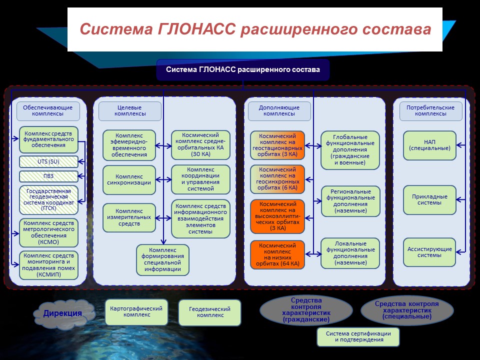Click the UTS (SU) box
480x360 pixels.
(48, 161)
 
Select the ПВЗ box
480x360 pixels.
(48, 176)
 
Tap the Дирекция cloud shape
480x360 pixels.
(63, 313)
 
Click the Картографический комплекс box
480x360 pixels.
(136, 312)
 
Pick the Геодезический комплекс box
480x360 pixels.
(209, 312)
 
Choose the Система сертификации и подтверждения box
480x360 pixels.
(358, 336)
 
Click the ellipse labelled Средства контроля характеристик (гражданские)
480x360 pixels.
(306, 310)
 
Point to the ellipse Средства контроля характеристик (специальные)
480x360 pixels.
(407, 310)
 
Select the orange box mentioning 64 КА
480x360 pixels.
(277, 254)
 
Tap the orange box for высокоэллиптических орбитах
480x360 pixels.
(277, 216)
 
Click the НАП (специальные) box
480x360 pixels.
(429, 145)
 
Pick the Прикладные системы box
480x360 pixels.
(429, 200)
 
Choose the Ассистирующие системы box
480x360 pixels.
(429, 252)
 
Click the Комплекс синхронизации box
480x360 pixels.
(129, 180)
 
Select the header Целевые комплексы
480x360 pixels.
(130, 111)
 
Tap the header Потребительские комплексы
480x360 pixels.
(430, 111)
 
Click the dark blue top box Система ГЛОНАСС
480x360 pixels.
(243, 70)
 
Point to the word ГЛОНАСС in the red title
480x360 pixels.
(197, 29)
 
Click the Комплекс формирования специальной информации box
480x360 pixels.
(162, 260)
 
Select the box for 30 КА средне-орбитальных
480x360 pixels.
(200, 145)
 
